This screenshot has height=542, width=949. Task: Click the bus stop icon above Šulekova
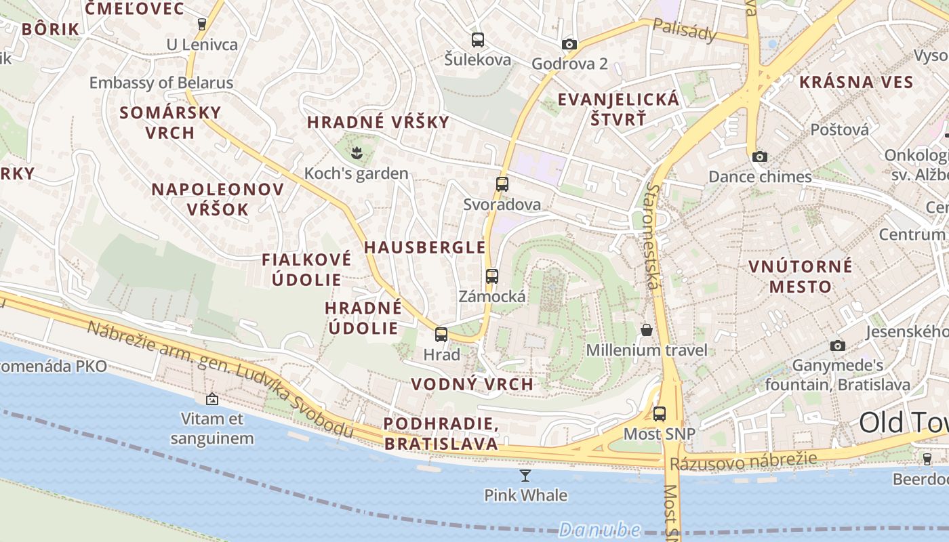click(478, 39)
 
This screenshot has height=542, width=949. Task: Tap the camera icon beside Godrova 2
click(569, 45)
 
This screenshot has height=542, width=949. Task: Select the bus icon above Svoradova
click(502, 184)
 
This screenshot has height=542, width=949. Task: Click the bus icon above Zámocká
click(492, 276)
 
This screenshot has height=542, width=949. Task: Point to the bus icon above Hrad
click(441, 334)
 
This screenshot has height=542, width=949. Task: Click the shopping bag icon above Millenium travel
click(647, 330)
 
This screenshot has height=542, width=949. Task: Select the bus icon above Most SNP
click(660, 413)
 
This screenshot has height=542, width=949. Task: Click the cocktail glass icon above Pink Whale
click(525, 475)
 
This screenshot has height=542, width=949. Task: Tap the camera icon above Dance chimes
click(760, 157)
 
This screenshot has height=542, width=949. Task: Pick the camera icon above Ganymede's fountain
click(838, 346)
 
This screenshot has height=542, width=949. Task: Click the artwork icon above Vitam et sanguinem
click(212, 399)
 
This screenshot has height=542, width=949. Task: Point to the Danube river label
click(600, 529)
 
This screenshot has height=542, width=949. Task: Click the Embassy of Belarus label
click(161, 83)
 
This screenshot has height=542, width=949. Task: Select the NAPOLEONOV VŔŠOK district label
click(217, 199)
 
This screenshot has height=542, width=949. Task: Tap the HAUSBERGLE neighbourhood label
click(425, 247)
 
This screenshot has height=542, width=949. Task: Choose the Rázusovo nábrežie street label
click(743, 461)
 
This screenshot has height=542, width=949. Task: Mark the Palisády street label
click(684, 29)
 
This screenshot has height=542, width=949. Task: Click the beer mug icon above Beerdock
click(927, 459)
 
